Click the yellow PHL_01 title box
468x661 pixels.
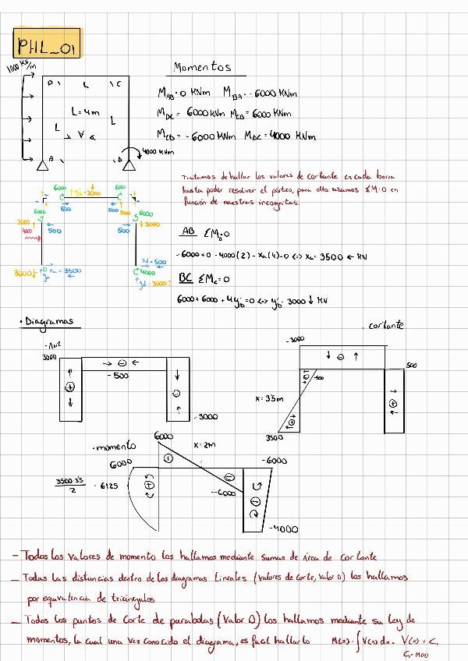tap(47, 44)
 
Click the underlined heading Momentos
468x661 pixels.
tap(202, 68)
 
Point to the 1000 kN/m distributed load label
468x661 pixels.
tap(21, 68)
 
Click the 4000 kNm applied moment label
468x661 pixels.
tap(158, 152)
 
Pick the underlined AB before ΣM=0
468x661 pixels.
tap(188, 232)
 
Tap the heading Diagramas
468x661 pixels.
tap(48, 321)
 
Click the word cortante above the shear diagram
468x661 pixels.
tap(385, 325)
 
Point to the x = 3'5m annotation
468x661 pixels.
tap(269, 398)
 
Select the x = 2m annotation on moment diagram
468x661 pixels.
tap(204, 444)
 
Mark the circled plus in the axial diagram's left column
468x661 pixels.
tap(69, 387)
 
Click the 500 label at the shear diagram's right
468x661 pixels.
tap(411, 365)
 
